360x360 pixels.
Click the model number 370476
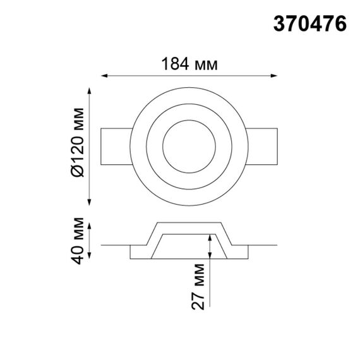(x=309, y=24)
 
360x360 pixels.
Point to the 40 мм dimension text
(x=78, y=240)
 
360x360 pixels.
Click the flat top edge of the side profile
(x=188, y=222)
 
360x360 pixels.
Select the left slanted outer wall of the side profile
(x=149, y=234)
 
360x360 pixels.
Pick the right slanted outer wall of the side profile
(x=228, y=234)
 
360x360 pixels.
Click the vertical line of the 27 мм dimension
(x=210, y=278)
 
